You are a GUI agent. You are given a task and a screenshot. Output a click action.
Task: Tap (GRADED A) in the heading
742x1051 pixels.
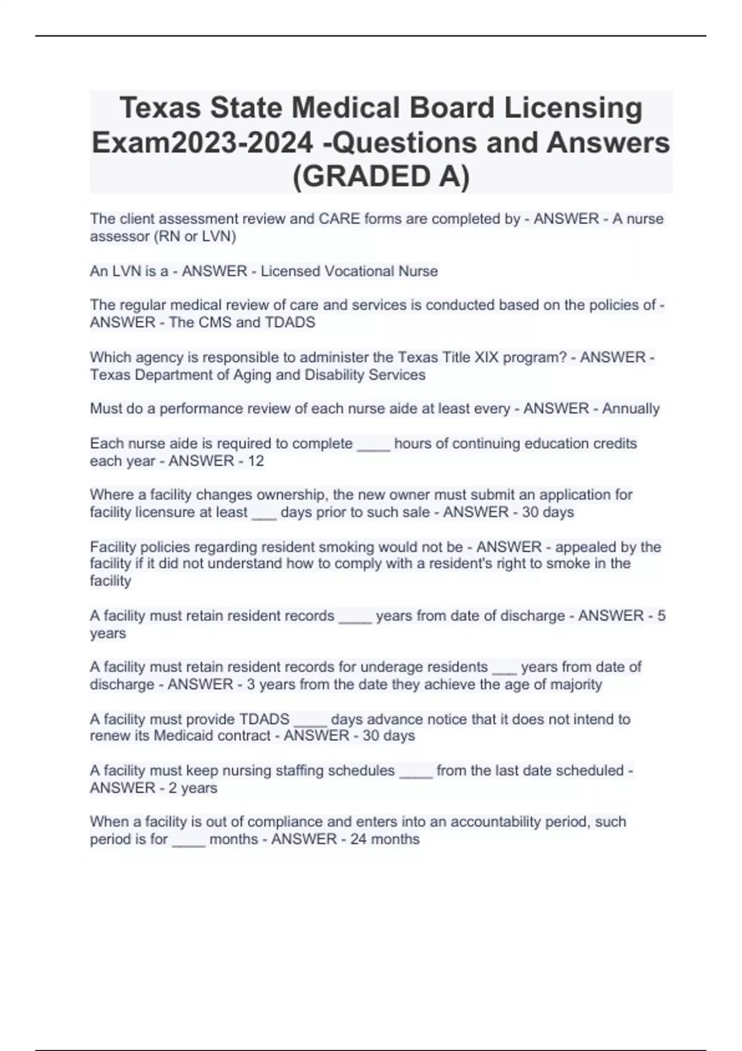380,176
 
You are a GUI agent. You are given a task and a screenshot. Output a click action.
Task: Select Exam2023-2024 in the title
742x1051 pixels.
202,143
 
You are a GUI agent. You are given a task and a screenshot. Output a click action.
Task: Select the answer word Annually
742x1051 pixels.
631,409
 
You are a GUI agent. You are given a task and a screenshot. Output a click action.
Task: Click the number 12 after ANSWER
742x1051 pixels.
255,461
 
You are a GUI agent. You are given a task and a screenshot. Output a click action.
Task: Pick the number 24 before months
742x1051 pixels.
357,839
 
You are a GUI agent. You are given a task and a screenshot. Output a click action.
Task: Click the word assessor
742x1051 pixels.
115,236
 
